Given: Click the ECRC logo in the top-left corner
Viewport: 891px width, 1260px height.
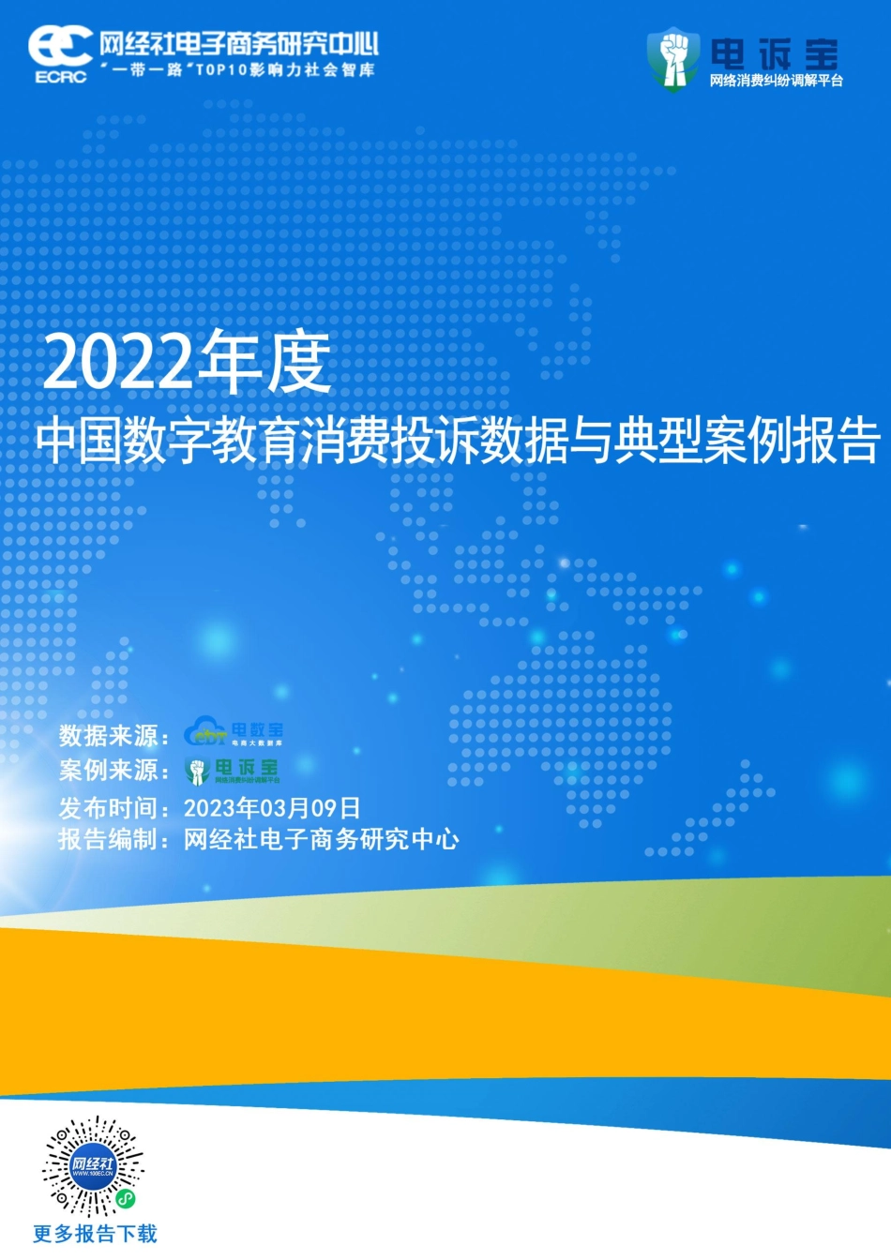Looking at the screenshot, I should click(60, 52).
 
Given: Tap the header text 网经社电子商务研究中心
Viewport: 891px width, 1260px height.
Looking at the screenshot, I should click(238, 43).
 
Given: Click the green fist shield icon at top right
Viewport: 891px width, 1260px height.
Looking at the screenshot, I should click(672, 57).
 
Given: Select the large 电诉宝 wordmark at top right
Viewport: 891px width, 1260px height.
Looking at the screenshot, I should click(774, 53).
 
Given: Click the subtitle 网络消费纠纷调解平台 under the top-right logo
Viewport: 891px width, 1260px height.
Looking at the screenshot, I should click(776, 81).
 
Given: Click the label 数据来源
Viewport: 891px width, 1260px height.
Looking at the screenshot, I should click(113, 736).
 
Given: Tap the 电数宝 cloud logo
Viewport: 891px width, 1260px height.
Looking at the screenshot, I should click(234, 732).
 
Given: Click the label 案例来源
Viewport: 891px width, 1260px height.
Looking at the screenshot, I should click(113, 771).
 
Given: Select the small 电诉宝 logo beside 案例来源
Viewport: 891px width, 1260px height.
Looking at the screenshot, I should click(233, 771).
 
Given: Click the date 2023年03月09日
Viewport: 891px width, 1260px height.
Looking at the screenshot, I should click(272, 807).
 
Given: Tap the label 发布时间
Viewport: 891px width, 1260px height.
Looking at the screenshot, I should click(113, 807).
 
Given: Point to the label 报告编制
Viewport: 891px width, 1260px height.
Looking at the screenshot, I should click(113, 839).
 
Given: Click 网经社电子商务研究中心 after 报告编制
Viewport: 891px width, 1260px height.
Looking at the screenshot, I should click(322, 839).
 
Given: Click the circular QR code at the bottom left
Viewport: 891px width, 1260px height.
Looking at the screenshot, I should click(93, 1166).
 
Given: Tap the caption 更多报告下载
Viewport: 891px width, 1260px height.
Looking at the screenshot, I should click(95, 1234).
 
